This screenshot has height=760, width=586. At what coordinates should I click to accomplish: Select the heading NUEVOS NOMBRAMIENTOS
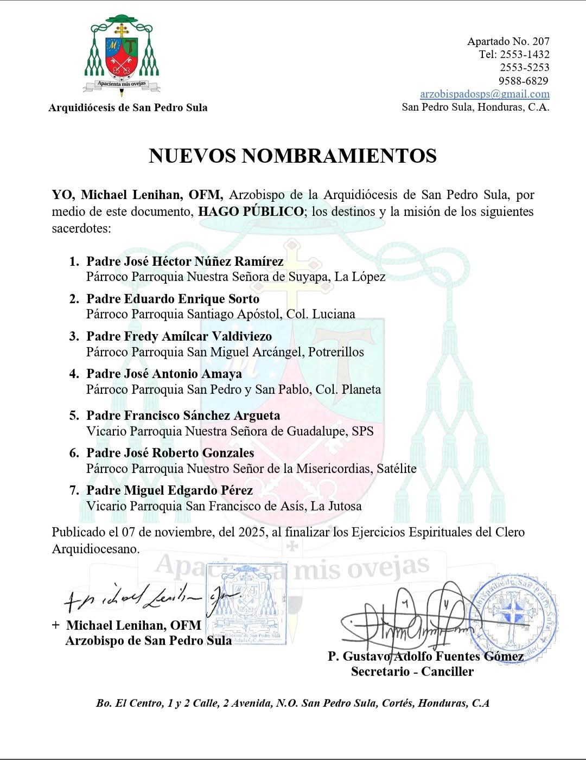(x=292, y=156)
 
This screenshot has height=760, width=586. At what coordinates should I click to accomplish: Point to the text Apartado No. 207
(x=508, y=41)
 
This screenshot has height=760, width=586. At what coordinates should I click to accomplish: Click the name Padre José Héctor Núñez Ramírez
(x=184, y=261)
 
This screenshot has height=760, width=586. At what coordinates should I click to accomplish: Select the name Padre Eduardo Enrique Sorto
(x=173, y=299)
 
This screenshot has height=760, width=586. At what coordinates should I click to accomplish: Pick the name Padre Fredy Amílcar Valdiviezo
(x=179, y=336)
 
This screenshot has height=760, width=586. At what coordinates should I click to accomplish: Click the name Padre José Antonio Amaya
(x=164, y=374)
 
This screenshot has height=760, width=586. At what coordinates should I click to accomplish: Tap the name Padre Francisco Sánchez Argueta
(x=183, y=416)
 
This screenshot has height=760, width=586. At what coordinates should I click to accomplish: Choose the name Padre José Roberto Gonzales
(x=170, y=453)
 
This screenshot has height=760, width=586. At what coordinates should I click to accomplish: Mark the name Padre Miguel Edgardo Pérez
(x=169, y=490)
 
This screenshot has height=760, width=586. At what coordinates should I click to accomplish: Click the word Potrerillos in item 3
(x=336, y=352)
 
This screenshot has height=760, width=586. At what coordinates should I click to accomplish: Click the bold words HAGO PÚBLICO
(x=251, y=212)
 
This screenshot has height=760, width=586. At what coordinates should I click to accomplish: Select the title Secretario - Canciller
(x=412, y=672)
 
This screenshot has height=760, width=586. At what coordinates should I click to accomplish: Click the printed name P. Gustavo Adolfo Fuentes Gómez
(x=425, y=656)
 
